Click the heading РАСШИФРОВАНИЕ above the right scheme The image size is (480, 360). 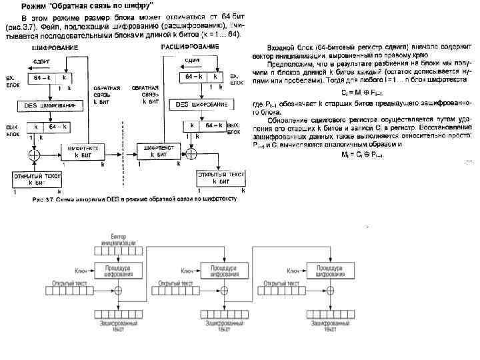point(190,47)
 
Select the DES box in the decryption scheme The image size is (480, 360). point(201,105)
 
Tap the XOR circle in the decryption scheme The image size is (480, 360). point(191,153)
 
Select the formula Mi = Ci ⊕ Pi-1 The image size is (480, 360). point(361,154)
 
